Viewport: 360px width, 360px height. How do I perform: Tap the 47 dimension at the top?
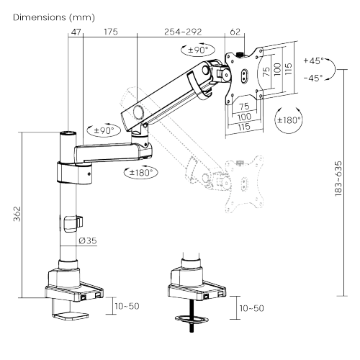tap(76, 32)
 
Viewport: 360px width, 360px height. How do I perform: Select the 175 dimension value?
tap(110, 32)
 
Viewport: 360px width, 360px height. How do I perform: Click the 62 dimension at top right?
tap(235, 32)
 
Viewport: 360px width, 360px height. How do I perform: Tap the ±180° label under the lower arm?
tap(143, 172)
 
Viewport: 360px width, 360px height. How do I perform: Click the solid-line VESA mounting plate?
tap(243, 73)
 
